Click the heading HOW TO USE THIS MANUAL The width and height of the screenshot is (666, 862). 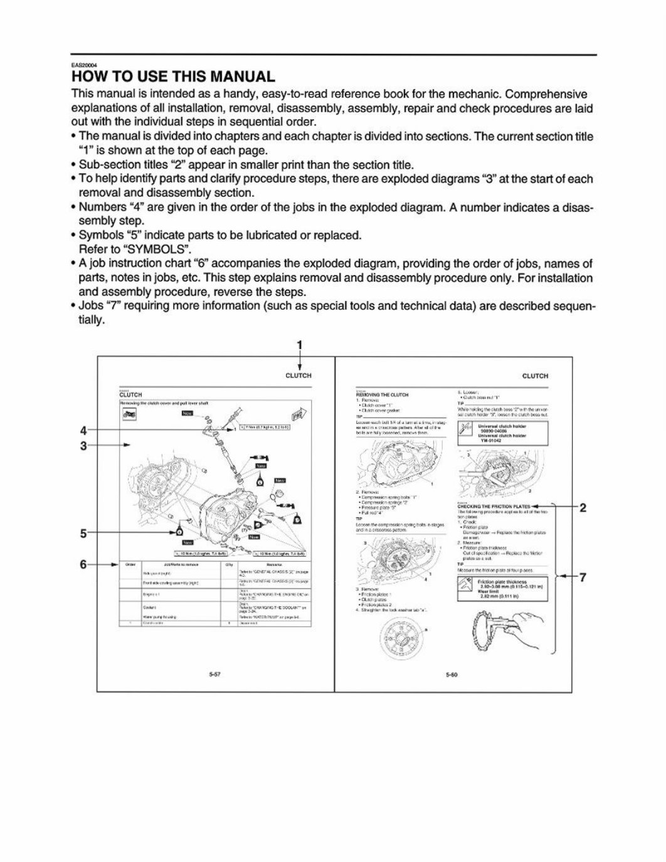tap(173, 77)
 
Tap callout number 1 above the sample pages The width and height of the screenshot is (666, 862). tap(299, 344)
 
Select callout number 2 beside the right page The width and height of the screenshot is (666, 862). tap(583, 507)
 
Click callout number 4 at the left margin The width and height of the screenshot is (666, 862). tap(83, 431)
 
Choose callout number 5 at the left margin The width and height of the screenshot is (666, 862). tap(83, 533)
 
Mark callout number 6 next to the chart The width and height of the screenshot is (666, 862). tap(83, 564)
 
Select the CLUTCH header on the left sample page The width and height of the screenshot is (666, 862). tap(298, 376)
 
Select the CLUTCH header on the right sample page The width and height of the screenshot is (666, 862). tap(535, 376)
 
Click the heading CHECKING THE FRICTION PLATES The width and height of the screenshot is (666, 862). tap(494, 506)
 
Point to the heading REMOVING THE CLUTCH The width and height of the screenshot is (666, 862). tap(382, 395)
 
